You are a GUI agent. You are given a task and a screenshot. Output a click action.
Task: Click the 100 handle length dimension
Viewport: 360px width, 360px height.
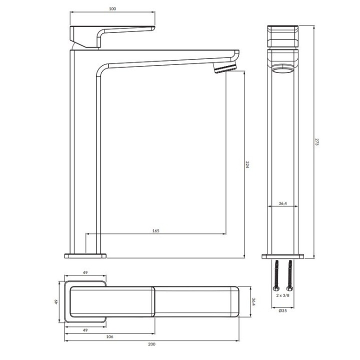112,9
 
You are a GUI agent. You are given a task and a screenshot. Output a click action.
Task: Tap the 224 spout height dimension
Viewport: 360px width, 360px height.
247,164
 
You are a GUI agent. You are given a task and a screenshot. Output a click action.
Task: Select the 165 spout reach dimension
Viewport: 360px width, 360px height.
155,230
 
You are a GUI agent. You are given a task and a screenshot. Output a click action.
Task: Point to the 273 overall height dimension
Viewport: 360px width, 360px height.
317,142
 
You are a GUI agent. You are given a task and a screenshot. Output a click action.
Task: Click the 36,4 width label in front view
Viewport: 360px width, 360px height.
282,203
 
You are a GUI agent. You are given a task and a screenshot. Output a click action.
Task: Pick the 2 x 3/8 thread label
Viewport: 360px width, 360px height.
282,295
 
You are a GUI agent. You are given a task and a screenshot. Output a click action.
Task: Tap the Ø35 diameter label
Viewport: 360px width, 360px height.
282,310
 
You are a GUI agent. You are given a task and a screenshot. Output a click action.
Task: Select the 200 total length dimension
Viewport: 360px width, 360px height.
152,344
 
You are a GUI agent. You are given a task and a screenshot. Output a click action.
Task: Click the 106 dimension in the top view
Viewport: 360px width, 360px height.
109,336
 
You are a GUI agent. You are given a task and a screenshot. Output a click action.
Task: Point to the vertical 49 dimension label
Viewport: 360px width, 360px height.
56,301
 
